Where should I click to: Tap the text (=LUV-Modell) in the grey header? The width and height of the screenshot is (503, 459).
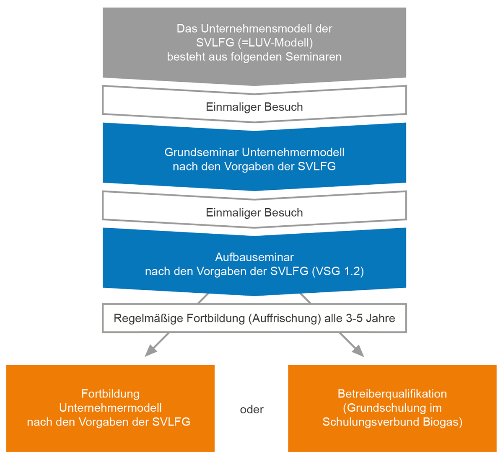(277, 43)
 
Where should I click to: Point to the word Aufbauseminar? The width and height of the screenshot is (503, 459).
(254, 257)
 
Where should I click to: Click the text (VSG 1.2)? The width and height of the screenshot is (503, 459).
(338, 271)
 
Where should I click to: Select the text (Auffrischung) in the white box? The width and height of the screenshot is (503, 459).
(285, 318)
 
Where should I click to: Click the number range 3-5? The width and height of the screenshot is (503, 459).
(355, 318)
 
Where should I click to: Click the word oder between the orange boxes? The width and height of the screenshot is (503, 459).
(251, 409)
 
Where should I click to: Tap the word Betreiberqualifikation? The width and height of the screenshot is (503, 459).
(392, 394)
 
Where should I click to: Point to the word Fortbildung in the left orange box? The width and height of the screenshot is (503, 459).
(110, 394)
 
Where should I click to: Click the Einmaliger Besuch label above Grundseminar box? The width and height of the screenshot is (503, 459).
(254, 107)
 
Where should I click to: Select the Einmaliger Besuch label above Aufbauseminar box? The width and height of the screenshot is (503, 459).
(254, 212)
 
